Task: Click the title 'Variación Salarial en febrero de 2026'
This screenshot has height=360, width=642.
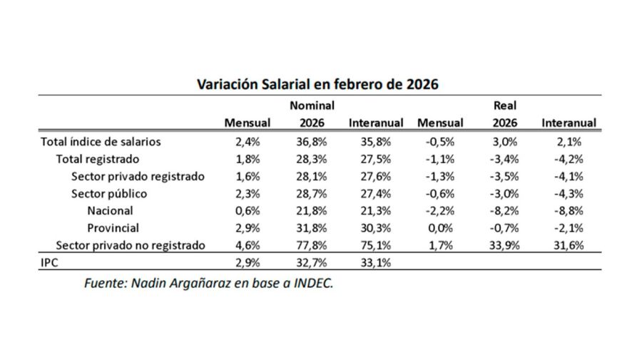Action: [x=317, y=84]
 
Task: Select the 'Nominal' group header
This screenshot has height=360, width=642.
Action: [x=312, y=106]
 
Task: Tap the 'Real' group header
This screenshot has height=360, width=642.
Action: [x=504, y=106]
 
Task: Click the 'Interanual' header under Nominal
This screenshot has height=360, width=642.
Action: [x=376, y=123]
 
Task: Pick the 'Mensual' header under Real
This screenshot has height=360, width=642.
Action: [x=440, y=123]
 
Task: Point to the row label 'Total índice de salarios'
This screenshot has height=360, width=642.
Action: [x=101, y=141]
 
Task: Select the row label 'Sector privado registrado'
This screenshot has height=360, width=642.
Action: [x=138, y=176]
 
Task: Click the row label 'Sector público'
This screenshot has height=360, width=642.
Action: [x=109, y=193]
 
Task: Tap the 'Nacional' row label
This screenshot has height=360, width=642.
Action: [x=110, y=211]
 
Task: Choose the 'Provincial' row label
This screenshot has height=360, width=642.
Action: [x=113, y=228]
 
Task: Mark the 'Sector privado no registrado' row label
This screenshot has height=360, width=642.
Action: [x=131, y=245]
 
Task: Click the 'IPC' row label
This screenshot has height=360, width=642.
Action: [x=50, y=263]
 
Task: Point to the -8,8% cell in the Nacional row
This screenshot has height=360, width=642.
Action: [x=569, y=211]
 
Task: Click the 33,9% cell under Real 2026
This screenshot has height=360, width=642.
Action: [x=504, y=245]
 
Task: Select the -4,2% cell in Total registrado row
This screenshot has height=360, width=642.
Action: [x=569, y=159]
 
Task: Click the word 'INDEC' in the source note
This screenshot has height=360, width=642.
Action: [x=311, y=283]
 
